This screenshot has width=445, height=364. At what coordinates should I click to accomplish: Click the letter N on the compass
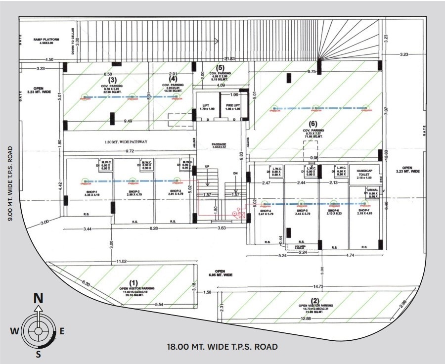[38, 298]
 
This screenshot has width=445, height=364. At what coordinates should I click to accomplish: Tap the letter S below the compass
[38, 354]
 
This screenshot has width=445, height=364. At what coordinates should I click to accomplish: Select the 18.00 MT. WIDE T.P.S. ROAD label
[222, 347]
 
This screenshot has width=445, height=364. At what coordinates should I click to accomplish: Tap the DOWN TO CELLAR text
[72, 40]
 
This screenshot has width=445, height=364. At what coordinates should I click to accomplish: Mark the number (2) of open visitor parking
[314, 300]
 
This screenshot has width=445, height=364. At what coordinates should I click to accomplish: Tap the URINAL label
[372, 189]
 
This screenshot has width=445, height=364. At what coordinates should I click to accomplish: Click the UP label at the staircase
[207, 167]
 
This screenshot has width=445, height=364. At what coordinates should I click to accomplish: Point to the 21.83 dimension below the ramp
[228, 59]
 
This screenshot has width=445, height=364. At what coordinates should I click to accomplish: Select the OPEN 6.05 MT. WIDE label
[220, 273]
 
